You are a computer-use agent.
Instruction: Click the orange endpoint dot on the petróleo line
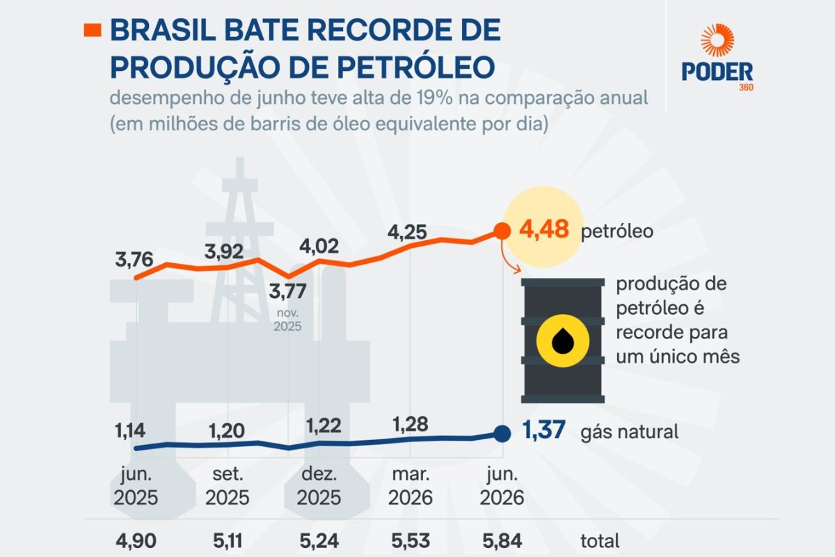click(502, 231)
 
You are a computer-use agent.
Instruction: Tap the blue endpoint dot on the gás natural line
click(502, 434)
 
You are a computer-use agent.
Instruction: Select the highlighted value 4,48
click(544, 230)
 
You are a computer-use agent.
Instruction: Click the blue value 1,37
click(543, 430)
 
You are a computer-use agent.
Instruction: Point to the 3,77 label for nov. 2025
click(287, 291)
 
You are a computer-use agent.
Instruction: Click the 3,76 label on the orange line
click(134, 259)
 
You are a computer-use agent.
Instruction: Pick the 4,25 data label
click(407, 232)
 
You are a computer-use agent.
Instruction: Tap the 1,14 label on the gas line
click(129, 430)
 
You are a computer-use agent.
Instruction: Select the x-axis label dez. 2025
click(319, 486)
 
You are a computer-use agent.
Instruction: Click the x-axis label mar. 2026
click(411, 486)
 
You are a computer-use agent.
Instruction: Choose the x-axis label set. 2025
click(228, 486)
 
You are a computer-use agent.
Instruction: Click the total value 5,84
click(502, 541)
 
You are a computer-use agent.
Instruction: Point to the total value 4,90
click(136, 541)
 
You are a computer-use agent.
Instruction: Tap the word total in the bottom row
click(600, 541)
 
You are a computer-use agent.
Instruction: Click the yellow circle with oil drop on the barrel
click(563, 340)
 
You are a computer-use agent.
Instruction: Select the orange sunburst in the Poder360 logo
click(717, 40)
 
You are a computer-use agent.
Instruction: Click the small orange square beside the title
click(93, 30)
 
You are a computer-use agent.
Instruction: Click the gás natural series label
click(629, 432)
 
